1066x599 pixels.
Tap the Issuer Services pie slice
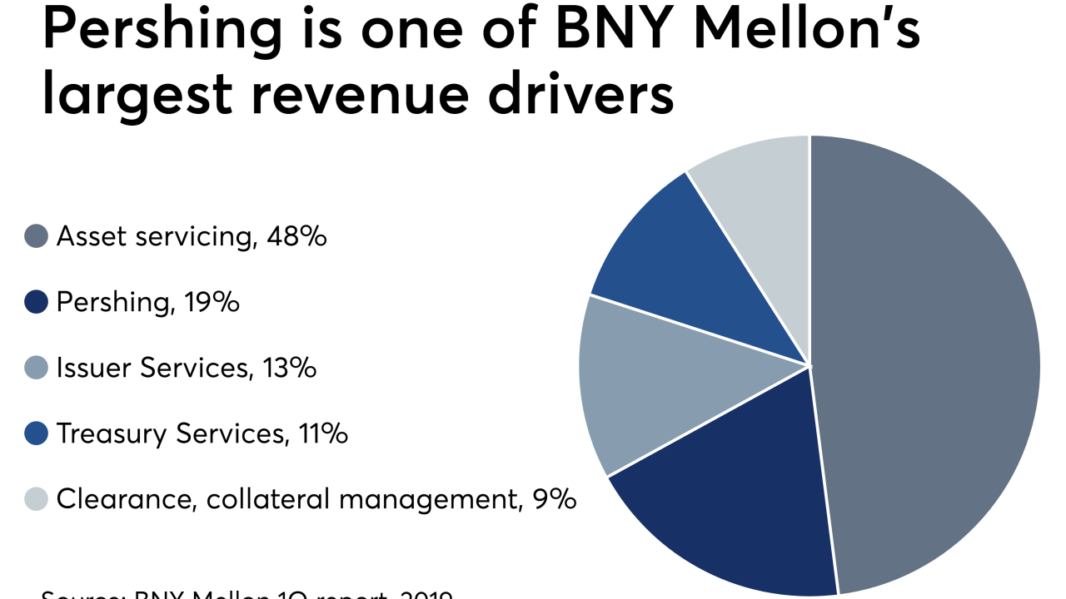(650, 383)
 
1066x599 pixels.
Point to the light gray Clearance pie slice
(766, 200)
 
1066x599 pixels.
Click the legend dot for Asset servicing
(37, 237)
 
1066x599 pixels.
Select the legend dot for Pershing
(37, 303)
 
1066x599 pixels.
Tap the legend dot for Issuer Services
(37, 368)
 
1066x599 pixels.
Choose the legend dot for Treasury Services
(37, 433)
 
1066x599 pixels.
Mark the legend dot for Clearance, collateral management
(37, 499)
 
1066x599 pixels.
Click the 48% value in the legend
(296, 237)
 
